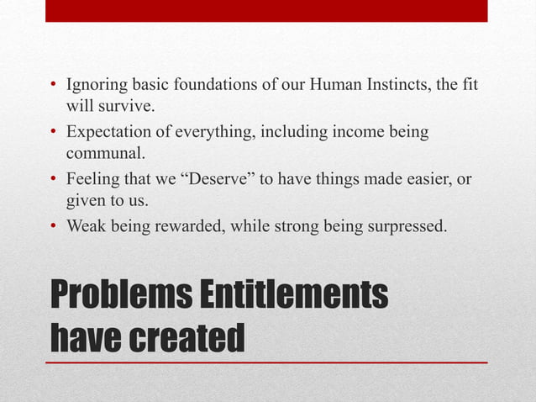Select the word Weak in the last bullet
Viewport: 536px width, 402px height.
85,225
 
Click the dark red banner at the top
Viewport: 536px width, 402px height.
266,10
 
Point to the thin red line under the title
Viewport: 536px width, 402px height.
266,362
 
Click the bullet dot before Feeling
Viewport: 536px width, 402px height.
53,179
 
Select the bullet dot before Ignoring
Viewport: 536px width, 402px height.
53,87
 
